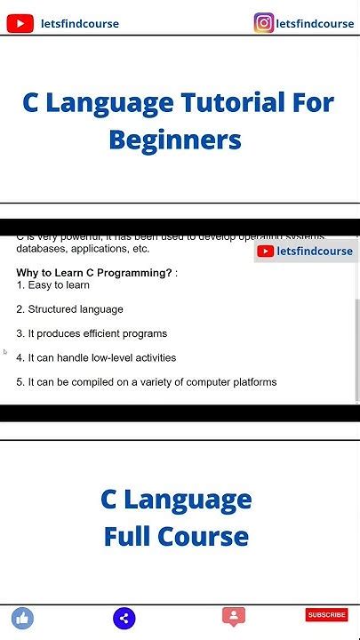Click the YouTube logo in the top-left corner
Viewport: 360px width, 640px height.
pos(20,24)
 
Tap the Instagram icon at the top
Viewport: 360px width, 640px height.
pos(264,23)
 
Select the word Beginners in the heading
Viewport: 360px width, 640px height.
pos(175,140)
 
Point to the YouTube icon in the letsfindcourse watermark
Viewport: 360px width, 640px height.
pos(266,252)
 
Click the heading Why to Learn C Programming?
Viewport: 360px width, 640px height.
pos(93,273)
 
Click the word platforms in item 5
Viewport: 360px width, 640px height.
pos(254,382)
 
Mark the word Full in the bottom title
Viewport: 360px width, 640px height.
pos(127,537)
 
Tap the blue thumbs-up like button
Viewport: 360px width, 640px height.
pos(22,618)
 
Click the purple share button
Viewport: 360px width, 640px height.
pos(124,619)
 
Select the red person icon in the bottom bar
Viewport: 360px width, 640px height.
pos(234,616)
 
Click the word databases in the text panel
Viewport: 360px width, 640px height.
pos(39,249)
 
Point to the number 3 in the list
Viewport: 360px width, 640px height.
pos(20,333)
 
